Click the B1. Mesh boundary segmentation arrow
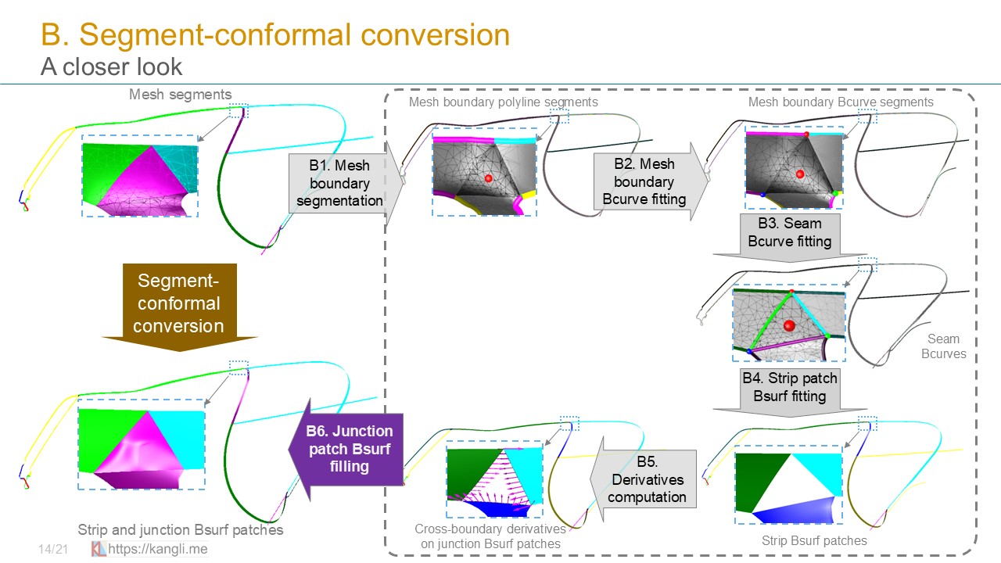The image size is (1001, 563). (341, 183)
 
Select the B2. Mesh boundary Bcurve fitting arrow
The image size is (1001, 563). (646, 181)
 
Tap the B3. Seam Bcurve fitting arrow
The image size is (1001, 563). (789, 234)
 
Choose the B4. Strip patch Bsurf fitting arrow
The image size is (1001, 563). (789, 388)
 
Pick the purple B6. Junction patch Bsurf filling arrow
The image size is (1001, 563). (347, 449)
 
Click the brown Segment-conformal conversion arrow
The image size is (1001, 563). (179, 303)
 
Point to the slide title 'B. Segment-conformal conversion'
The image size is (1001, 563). (275, 34)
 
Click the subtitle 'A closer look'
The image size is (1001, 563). (111, 67)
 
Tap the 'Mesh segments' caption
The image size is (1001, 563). (181, 95)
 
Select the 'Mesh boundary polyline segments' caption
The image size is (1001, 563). (503, 102)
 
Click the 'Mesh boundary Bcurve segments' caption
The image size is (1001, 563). (841, 102)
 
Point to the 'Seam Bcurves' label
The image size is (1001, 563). (943, 346)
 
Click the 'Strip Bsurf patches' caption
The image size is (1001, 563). (814, 540)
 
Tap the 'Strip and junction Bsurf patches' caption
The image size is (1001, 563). (181, 530)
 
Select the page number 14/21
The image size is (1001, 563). (53, 550)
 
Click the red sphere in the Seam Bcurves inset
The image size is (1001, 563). (789, 325)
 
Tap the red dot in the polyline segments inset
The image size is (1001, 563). (489, 179)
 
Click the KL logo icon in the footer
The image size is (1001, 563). (99, 549)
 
